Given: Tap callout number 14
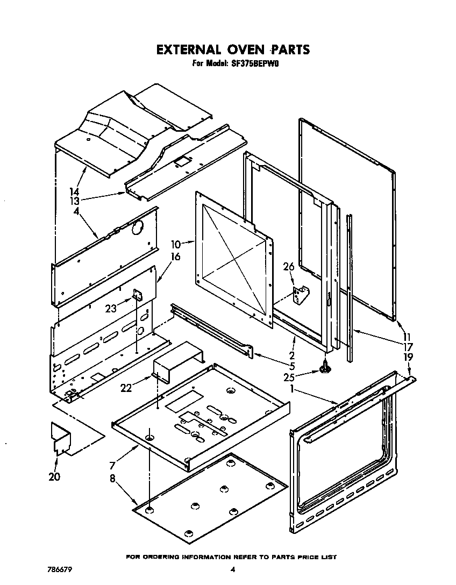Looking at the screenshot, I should [x=74, y=192].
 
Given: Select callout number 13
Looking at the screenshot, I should [x=74, y=201].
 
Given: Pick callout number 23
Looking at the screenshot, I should [x=112, y=308].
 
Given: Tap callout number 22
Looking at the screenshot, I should [x=127, y=388].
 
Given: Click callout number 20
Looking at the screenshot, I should [x=54, y=476].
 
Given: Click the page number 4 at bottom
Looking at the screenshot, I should [x=233, y=569].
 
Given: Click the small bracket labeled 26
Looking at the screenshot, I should [x=300, y=295].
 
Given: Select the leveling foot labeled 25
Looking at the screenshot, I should [x=325, y=368].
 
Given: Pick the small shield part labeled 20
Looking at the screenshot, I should [x=61, y=438].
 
